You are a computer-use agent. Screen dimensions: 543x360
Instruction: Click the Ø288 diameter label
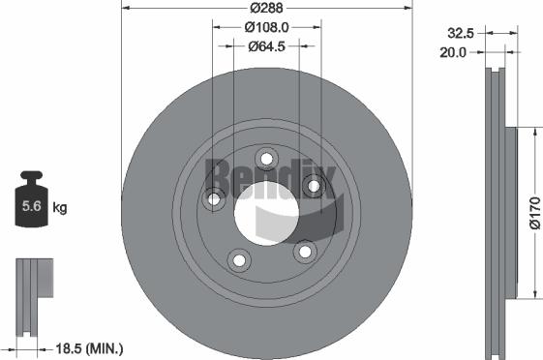tap(266, 8)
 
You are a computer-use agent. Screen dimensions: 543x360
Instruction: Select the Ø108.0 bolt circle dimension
tap(266, 27)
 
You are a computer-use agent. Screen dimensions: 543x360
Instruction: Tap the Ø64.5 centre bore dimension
tap(266, 46)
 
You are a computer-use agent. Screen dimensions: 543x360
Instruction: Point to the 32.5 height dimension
tap(461, 33)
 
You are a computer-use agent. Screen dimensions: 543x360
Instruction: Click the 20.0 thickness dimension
tap(453, 52)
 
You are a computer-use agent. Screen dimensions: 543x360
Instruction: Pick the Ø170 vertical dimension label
tap(535, 213)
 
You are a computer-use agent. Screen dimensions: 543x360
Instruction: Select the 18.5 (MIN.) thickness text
tap(89, 348)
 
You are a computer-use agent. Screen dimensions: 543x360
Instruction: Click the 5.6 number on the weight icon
tap(32, 206)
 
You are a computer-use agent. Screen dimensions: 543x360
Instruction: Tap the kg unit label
tap(60, 208)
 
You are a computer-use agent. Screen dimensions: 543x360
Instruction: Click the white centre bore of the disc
tap(266, 213)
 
